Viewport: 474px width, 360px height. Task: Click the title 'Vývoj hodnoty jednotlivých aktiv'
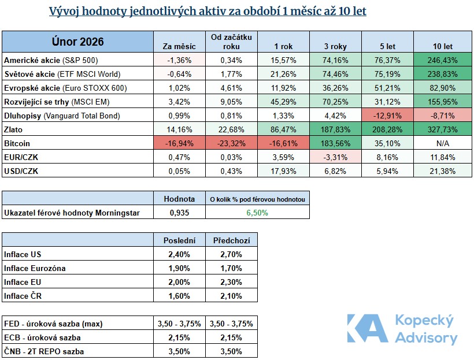208,12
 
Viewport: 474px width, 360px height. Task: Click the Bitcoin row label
17,143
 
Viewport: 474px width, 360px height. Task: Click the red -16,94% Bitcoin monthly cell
179,143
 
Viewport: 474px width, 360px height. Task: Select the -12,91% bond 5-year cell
388,116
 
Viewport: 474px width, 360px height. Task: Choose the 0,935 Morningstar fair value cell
179,213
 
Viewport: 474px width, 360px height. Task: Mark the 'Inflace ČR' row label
24,296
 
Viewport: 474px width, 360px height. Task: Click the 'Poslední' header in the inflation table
179,240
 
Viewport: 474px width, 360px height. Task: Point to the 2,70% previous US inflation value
231,255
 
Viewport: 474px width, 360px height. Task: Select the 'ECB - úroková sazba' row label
42,337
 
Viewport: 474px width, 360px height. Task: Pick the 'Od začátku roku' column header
231,42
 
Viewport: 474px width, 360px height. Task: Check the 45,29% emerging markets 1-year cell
284,102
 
